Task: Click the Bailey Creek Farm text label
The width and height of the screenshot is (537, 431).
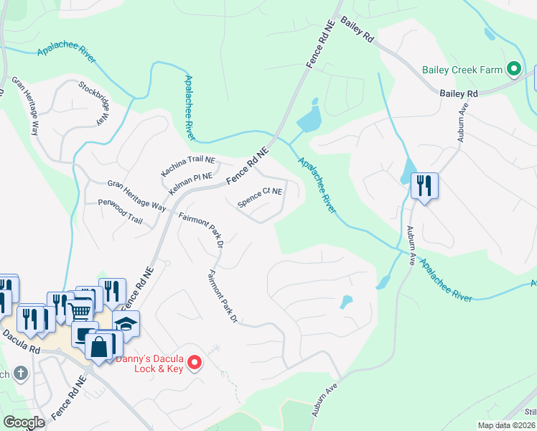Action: tap(461, 70)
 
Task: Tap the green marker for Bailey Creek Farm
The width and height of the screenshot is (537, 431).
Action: tap(513, 70)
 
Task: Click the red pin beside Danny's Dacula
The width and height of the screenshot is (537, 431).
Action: tap(193, 365)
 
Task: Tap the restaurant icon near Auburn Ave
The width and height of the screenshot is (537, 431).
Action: tap(424, 186)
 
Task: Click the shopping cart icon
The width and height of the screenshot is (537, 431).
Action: tap(80, 310)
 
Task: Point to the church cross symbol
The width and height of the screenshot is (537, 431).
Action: tap(22, 374)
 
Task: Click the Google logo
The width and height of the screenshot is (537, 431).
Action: tap(24, 422)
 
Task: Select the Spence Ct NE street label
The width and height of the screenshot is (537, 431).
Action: tap(260, 196)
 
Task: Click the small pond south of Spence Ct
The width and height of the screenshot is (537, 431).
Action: tap(347, 302)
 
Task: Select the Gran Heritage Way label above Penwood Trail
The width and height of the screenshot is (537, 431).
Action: tap(136, 195)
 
